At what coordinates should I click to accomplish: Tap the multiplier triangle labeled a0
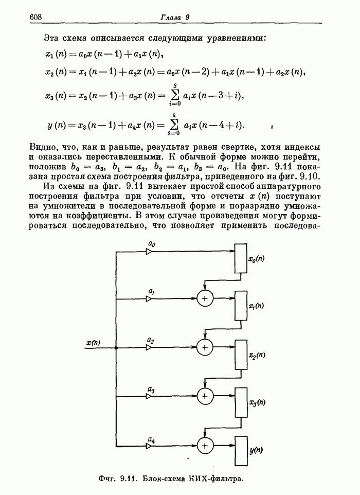[x=149, y=252]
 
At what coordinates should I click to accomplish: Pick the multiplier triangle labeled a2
[x=149, y=348]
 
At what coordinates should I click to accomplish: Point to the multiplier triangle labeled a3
[x=149, y=396]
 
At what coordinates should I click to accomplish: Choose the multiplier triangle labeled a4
[x=149, y=444]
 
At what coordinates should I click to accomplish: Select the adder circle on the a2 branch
[x=205, y=348]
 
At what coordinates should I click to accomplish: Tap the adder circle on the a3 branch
[x=205, y=396]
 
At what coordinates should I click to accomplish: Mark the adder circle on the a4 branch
[x=205, y=444]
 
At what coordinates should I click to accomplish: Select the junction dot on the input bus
[x=117, y=348]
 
